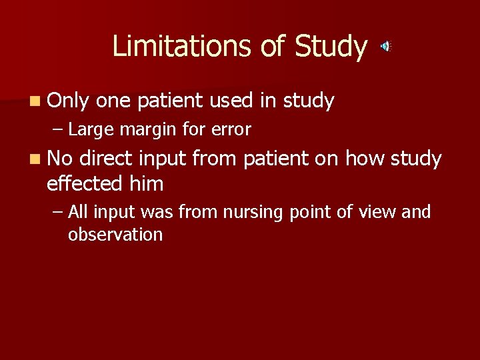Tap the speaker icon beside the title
pos(385,46)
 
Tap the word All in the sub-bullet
pos(78,212)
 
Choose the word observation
pos(115,235)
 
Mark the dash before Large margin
pos(59,129)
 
